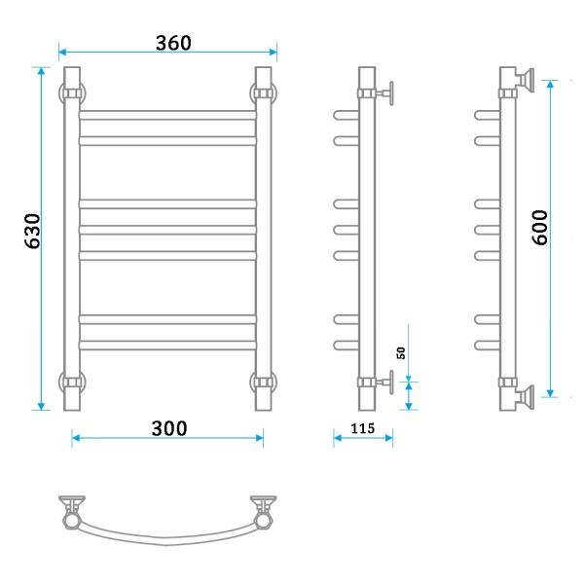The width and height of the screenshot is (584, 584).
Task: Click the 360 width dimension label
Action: (173, 43)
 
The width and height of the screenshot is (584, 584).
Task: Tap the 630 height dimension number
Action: (32, 231)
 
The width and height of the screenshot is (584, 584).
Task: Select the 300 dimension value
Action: (169, 428)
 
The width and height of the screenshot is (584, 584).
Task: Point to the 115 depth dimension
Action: (362, 428)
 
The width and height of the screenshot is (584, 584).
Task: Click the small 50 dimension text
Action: (401, 352)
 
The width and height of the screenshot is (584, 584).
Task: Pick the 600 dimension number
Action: (540, 227)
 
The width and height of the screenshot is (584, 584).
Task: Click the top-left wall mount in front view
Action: (72, 93)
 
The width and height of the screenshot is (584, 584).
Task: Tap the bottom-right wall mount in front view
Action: (264, 383)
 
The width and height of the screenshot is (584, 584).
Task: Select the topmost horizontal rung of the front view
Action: (167, 115)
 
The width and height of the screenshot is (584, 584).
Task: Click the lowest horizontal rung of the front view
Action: (167, 346)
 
